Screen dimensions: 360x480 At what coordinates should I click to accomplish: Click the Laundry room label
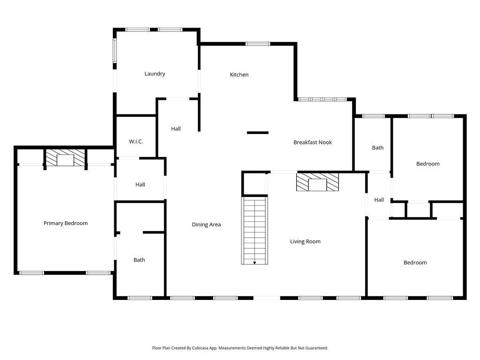point(155,74)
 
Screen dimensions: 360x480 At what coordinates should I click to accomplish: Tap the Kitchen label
point(239,75)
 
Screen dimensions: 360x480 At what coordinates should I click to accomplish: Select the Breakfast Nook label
point(312,142)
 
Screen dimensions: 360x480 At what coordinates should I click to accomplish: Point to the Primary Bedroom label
point(66,223)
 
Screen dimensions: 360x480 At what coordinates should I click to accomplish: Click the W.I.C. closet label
point(136,142)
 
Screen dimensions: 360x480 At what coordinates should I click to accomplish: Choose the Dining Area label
point(206,225)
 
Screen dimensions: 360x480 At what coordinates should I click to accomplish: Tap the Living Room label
point(305,241)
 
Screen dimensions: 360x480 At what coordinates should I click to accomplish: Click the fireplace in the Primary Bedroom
point(66,158)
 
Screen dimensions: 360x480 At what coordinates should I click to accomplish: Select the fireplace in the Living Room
point(317,182)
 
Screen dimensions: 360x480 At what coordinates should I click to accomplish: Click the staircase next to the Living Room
point(255,230)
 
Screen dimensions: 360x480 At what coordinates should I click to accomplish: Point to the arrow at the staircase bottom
point(255,262)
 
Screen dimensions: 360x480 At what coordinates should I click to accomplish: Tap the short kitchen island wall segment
point(258,133)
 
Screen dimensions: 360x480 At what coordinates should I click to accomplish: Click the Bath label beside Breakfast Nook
point(378,148)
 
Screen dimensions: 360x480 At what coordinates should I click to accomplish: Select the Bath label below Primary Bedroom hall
point(139,260)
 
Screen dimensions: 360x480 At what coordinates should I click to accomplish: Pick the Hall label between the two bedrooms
point(379,200)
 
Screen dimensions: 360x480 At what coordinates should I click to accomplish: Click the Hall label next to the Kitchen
point(176,128)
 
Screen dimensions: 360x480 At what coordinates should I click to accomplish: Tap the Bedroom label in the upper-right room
point(428,164)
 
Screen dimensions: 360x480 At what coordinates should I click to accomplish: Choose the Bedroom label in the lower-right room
point(415,262)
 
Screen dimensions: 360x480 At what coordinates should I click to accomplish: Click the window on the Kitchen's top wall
point(258,44)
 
